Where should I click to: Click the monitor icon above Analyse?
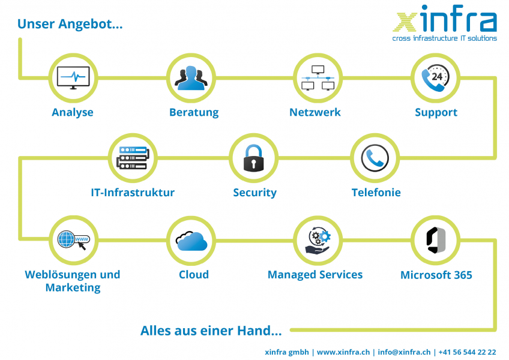73,78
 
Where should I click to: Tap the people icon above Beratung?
191,78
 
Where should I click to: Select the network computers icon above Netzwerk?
318,78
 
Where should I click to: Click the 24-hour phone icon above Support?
435,78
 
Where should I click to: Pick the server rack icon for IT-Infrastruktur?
133,158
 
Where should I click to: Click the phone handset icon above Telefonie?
375,158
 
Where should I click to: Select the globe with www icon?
74,240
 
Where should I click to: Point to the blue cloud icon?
191,241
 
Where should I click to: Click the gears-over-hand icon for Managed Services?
318,241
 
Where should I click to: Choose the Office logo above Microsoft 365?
436,241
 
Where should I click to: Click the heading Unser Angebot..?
70,24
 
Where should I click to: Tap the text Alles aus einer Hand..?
211,331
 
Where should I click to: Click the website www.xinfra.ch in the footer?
343,352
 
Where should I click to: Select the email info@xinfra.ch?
404,352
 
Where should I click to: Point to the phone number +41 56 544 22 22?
467,352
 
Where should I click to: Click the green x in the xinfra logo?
405,22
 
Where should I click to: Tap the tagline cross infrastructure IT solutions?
444,38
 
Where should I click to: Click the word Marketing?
73,287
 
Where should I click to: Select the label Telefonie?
376,193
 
